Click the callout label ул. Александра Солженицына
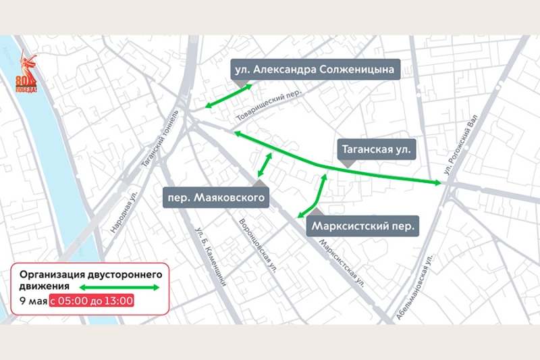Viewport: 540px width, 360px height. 315,69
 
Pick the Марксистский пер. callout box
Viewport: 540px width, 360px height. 363,225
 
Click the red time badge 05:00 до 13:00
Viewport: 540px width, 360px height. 91,301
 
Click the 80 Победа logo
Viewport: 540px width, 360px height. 26,74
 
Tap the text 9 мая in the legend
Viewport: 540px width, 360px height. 32,301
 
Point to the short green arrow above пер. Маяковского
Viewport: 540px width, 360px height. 264,165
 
